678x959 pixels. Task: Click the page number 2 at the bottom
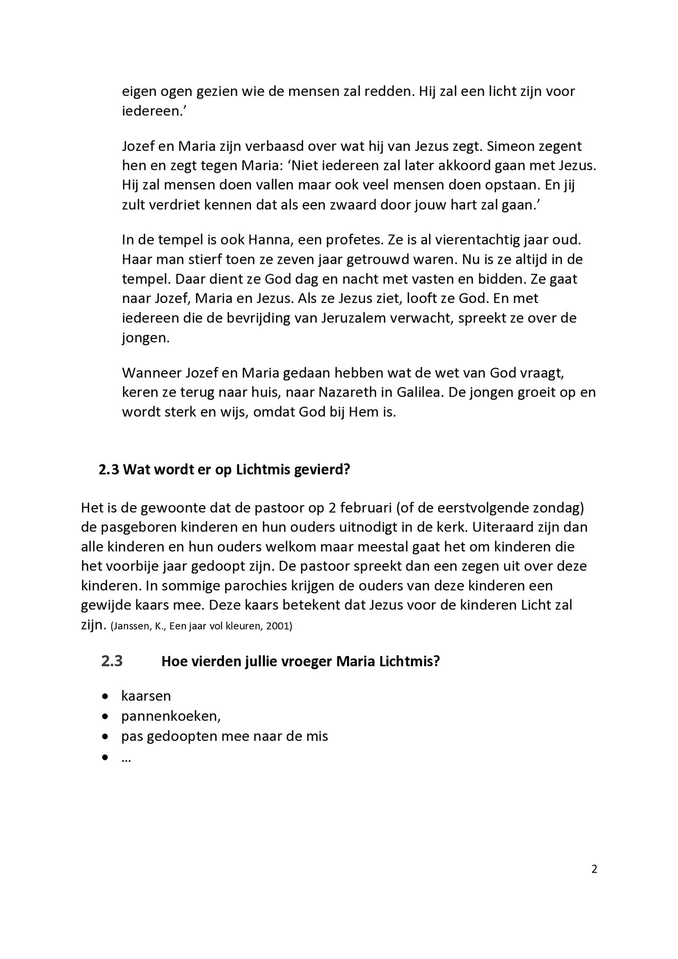click(x=594, y=869)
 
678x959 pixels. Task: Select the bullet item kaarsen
click(x=146, y=695)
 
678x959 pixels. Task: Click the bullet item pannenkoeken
click(x=170, y=716)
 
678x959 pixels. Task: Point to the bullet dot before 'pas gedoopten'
click(x=106, y=737)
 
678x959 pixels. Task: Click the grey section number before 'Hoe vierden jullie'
click(x=112, y=661)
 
